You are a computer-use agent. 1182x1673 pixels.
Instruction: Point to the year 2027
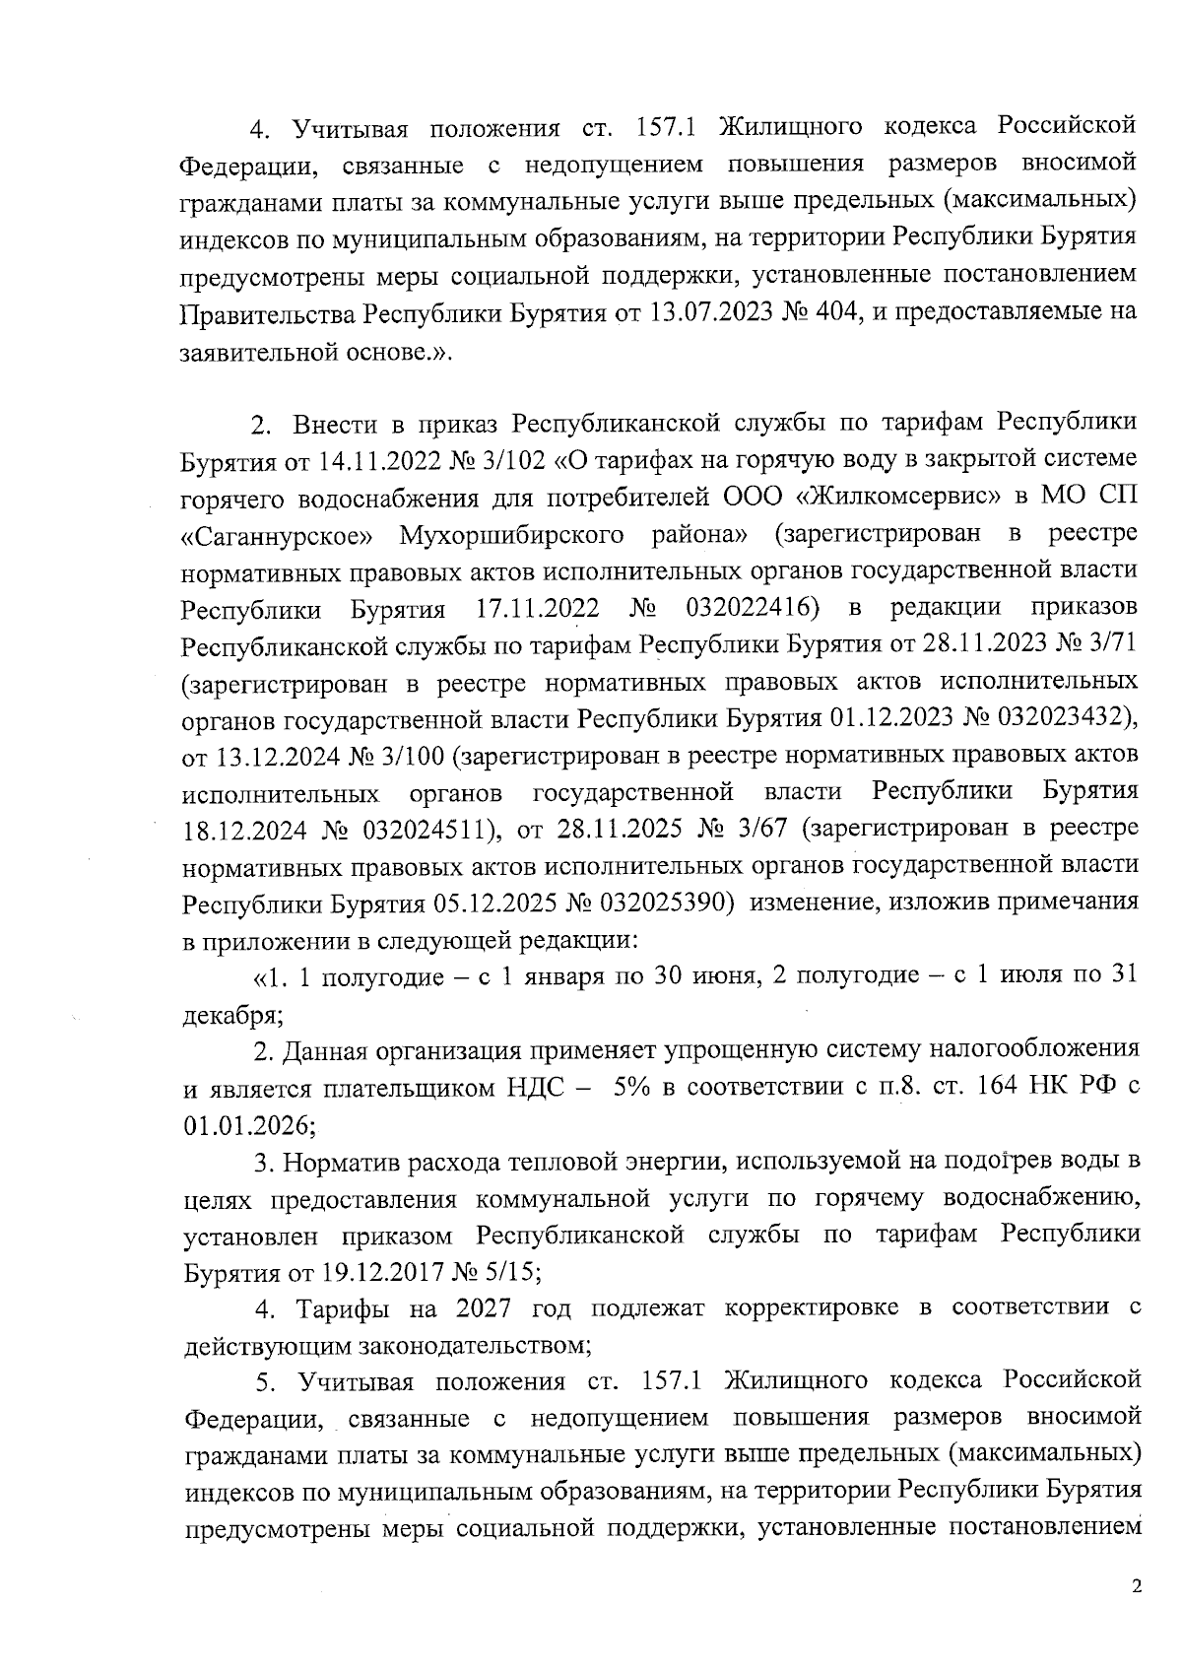(486, 1308)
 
